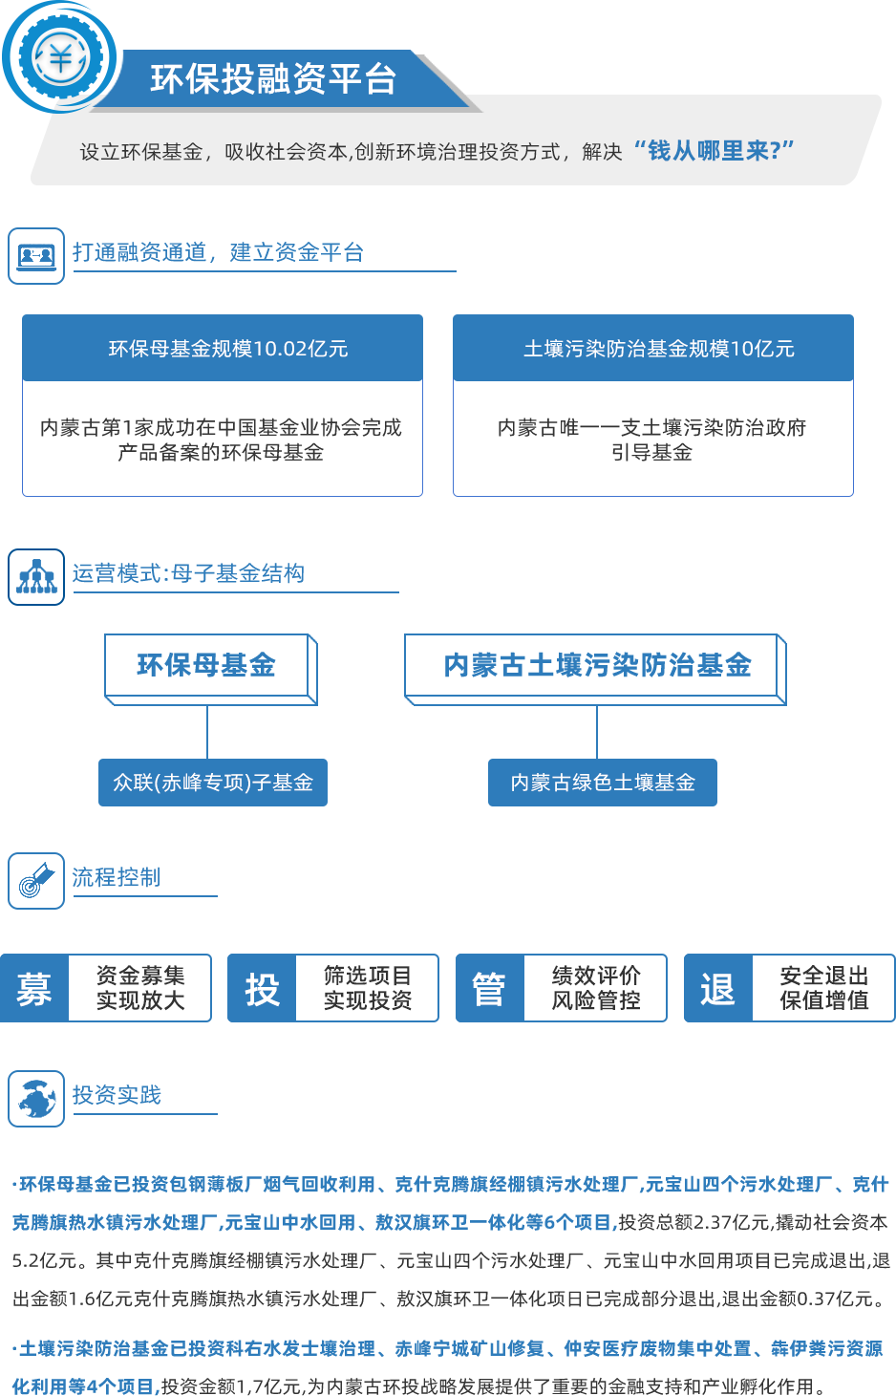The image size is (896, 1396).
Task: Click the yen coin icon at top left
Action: coord(60,57)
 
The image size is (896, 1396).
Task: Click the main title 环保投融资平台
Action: coord(273,79)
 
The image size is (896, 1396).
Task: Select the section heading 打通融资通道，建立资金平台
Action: coord(218,252)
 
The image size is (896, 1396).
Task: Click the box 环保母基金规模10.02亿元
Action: coord(227,349)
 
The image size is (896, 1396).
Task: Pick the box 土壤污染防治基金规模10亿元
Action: coord(658,349)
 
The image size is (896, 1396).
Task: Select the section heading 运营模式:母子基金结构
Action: coord(188,573)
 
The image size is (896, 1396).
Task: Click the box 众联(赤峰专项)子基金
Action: coord(213,783)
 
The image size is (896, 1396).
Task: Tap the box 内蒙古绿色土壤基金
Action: coord(603,783)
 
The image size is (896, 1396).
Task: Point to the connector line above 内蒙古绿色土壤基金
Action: coord(597,732)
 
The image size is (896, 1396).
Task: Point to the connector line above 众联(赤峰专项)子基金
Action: coord(207,732)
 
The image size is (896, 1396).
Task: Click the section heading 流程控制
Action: coord(116,877)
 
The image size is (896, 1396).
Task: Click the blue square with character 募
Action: coord(33,989)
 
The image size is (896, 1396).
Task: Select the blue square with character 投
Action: coord(262,989)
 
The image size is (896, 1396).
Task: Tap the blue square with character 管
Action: coord(489,989)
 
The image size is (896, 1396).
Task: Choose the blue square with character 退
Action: coord(717,989)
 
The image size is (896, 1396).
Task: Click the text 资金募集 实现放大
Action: coord(140,988)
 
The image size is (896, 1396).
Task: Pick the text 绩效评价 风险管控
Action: coord(596,988)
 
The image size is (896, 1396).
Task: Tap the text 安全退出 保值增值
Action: coord(824,988)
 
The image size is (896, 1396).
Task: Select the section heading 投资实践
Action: coord(117,1095)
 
